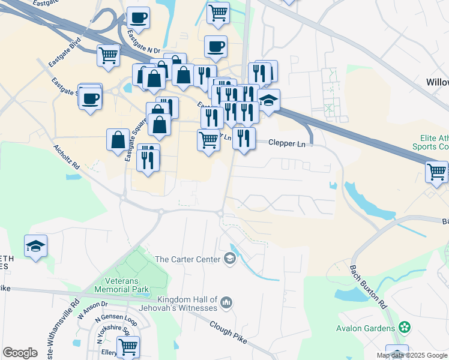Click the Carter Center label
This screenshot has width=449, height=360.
[188, 259]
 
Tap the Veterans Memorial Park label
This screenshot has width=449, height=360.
[122, 285]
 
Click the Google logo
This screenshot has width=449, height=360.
[20, 352]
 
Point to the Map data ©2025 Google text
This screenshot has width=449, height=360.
[412, 355]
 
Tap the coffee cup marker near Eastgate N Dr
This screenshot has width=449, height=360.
[139, 18]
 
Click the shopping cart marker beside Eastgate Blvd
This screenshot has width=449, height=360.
[109, 55]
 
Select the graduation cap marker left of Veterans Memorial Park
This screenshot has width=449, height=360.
[36, 246]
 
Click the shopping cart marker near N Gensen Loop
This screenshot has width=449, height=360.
[128, 346]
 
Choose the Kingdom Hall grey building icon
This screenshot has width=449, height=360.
[226, 302]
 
